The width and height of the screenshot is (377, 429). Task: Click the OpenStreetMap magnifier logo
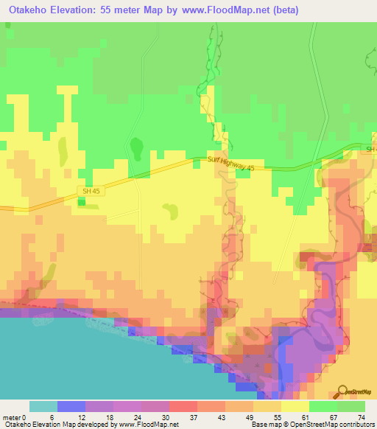coord(344,391)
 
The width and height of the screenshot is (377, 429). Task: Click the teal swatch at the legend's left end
coord(43,406)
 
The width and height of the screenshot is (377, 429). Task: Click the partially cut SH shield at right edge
coord(372,150)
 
